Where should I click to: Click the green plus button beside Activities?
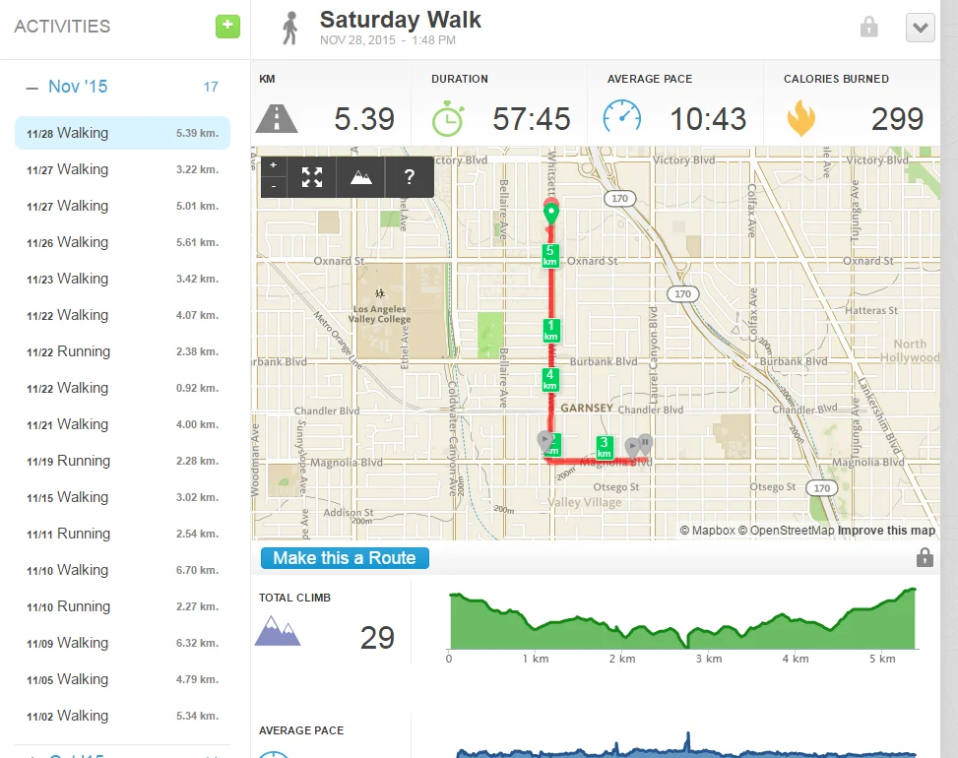(x=227, y=27)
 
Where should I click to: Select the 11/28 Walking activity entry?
(x=122, y=133)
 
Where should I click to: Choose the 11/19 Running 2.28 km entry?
(x=122, y=461)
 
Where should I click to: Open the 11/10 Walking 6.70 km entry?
(x=122, y=570)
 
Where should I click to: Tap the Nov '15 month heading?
(x=78, y=87)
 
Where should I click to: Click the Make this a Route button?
(x=345, y=558)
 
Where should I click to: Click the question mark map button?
(x=409, y=177)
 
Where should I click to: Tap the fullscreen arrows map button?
(x=312, y=177)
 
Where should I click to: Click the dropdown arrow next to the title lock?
(x=920, y=28)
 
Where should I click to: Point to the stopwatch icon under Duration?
(x=448, y=118)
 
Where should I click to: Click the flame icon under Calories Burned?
(x=800, y=119)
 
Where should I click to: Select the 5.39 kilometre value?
(x=364, y=119)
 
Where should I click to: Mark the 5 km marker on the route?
(x=550, y=256)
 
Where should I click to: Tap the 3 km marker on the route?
(x=605, y=448)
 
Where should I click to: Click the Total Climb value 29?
(x=377, y=638)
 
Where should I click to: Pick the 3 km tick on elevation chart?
(x=709, y=659)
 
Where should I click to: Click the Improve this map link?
(x=886, y=531)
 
